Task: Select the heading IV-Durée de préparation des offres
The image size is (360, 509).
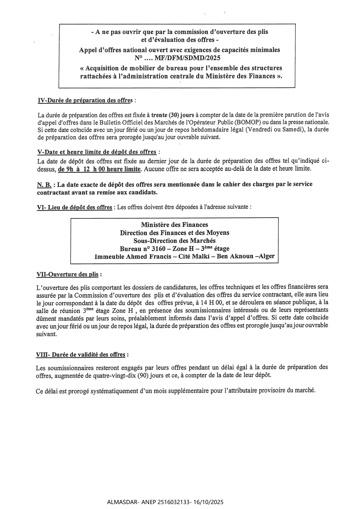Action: tap(85, 100)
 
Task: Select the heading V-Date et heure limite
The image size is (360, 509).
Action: tap(97, 152)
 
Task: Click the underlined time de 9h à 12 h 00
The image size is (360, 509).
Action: tap(99, 169)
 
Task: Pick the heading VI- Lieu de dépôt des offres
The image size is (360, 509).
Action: tap(74, 207)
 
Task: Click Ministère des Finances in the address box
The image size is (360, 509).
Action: tap(174, 225)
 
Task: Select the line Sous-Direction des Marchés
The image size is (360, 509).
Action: tap(174, 241)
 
